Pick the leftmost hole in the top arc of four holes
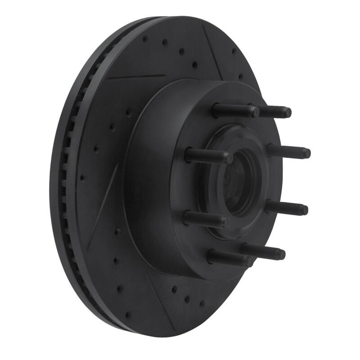click(x=145, y=39)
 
